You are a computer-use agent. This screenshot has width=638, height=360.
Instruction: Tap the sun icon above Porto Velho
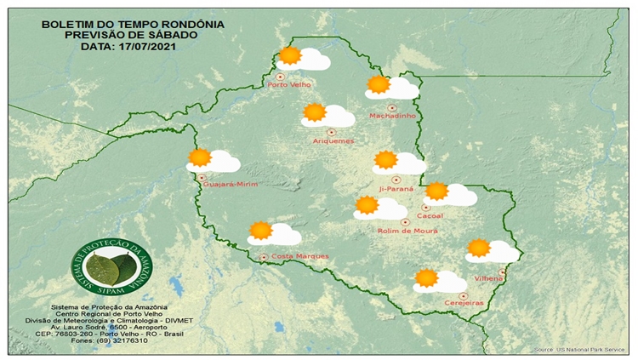[290, 56]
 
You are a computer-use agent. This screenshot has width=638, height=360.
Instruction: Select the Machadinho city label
[391, 116]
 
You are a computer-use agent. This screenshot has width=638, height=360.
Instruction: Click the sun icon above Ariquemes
[315, 112]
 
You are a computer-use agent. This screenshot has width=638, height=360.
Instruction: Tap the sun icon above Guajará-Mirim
[200, 157]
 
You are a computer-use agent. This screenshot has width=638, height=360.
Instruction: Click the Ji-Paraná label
[396, 188]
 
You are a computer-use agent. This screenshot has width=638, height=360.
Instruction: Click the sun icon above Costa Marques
[261, 230]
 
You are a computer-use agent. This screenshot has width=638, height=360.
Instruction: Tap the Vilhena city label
[489, 278]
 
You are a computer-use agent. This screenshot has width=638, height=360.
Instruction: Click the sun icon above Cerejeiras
[426, 277]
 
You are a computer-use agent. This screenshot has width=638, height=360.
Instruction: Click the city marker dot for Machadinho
[392, 108]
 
